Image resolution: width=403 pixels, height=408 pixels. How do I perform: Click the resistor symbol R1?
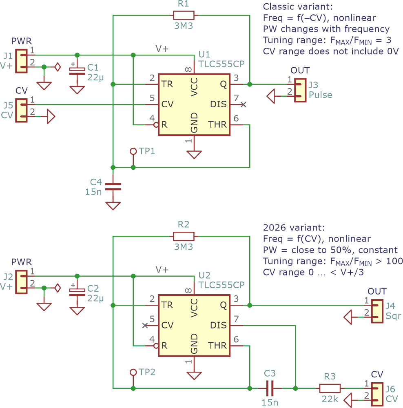(x=184, y=16)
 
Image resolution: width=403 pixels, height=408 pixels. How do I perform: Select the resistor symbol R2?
(x=184, y=236)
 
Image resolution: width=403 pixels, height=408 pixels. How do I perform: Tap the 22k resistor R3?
(x=330, y=388)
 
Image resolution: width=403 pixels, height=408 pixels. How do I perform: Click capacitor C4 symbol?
(x=113, y=186)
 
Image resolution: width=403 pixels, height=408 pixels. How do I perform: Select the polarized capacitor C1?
(x=77, y=70)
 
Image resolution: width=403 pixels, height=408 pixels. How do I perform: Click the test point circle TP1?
(x=133, y=151)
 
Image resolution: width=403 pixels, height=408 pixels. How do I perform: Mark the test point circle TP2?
(x=133, y=372)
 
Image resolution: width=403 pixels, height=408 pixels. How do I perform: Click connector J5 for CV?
(x=21, y=110)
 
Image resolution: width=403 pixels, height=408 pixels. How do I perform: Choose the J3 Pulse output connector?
(x=301, y=90)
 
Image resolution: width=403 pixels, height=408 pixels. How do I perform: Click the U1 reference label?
(x=204, y=54)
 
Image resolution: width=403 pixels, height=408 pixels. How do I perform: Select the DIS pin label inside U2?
(x=218, y=325)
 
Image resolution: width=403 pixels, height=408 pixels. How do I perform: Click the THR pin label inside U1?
(x=217, y=124)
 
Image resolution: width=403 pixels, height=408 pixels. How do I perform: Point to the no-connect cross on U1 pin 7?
(x=244, y=105)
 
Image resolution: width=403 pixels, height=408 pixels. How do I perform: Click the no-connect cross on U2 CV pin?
(x=145, y=325)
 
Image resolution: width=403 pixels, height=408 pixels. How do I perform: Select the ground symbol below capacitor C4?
(x=113, y=205)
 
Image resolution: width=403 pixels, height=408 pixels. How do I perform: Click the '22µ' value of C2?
(x=96, y=298)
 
